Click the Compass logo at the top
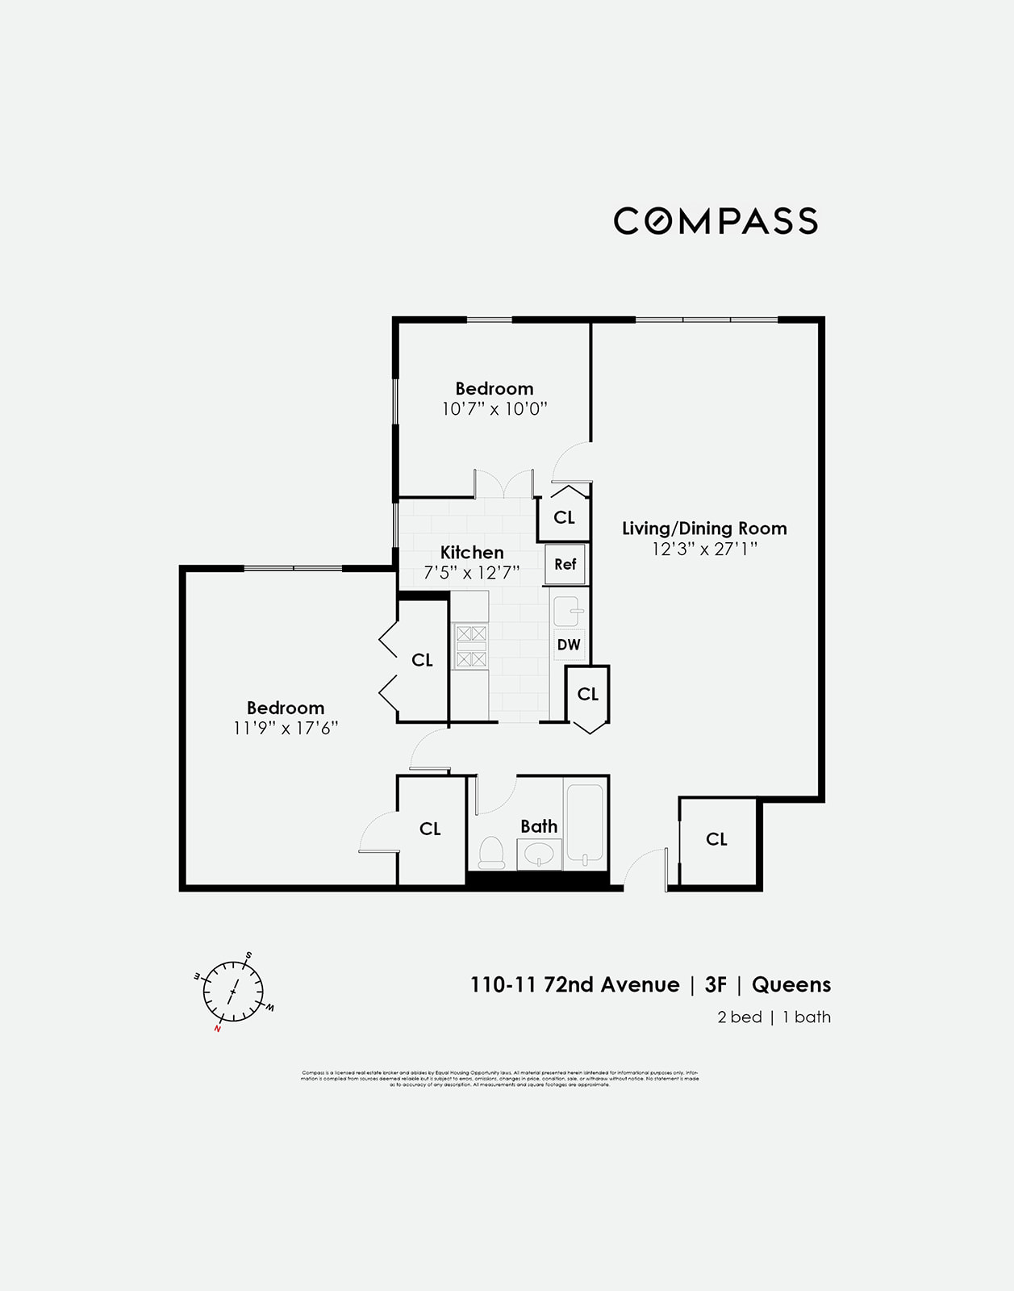click(x=716, y=221)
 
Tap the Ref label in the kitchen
click(x=565, y=564)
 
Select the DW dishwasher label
click(x=569, y=645)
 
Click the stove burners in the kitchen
click(x=471, y=646)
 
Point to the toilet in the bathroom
click(x=491, y=853)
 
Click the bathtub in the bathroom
click(x=585, y=823)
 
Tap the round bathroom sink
click(x=539, y=854)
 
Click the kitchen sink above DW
click(x=567, y=611)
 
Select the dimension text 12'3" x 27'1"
click(x=704, y=549)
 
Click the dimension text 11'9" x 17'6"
click(x=286, y=728)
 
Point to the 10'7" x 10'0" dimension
click(x=494, y=409)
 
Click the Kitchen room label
click(x=472, y=553)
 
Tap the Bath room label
click(x=539, y=826)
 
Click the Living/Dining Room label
click(x=704, y=529)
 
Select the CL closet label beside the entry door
click(x=716, y=839)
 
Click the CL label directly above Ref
click(x=564, y=517)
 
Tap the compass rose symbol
click(x=233, y=992)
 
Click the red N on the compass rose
click(x=218, y=1029)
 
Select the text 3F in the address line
click(x=716, y=985)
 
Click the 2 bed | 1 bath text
click(x=774, y=1017)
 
